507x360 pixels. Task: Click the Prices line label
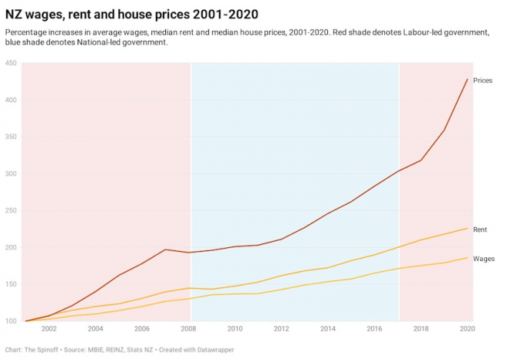coord(482,81)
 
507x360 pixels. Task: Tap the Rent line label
coord(479,230)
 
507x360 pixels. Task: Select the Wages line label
coord(483,259)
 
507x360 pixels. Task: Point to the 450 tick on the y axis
coord(11,64)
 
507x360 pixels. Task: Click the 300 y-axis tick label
coord(11,174)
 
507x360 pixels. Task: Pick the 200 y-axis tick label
coord(11,248)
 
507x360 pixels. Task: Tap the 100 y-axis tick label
coord(11,322)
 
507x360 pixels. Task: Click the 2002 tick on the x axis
coord(48,329)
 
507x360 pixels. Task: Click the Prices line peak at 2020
coord(467,79)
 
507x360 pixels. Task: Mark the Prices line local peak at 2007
coord(165,249)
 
